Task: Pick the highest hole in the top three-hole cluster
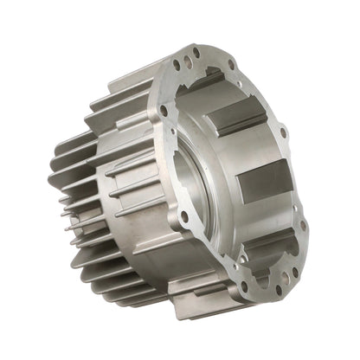coord(196,53)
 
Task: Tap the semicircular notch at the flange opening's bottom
coord(260,260)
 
